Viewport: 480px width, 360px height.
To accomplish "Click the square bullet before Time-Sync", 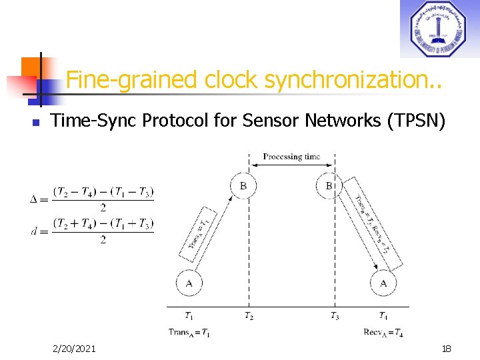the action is point(37,123).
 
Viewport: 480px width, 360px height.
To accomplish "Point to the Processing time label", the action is point(291,157).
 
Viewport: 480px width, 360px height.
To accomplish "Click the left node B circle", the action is point(243,185).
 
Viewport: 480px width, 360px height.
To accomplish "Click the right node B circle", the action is point(329,185).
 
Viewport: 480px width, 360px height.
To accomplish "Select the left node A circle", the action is point(189,283).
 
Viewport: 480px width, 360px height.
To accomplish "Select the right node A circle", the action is point(383,283).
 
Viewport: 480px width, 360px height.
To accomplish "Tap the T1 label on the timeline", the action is point(189,316).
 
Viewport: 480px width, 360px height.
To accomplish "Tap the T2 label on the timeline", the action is point(248,316).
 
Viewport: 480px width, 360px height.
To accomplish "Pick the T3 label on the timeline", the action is point(334,316).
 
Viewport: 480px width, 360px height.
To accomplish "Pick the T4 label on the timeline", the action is point(383,316).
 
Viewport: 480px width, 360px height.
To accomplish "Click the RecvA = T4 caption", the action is point(383,332).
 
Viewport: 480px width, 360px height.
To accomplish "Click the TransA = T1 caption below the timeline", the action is point(189,332).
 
